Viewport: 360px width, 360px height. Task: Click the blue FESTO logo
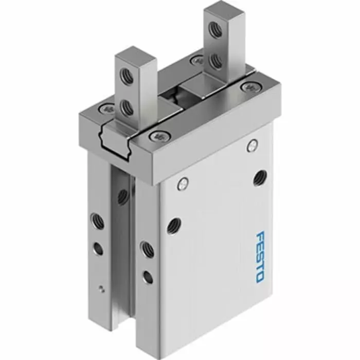coord(260,256)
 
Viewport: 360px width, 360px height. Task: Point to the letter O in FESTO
coord(259,276)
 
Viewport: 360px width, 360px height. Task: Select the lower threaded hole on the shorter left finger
coord(125,107)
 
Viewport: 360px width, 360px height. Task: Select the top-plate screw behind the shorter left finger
coord(108,109)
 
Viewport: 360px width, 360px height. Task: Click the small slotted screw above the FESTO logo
coord(251,146)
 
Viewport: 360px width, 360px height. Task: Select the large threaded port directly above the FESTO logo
coord(260,178)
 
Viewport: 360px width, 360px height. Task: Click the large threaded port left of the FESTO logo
coord(174,224)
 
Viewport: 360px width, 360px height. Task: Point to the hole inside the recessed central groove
coord(123,196)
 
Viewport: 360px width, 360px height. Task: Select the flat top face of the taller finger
coord(216,11)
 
